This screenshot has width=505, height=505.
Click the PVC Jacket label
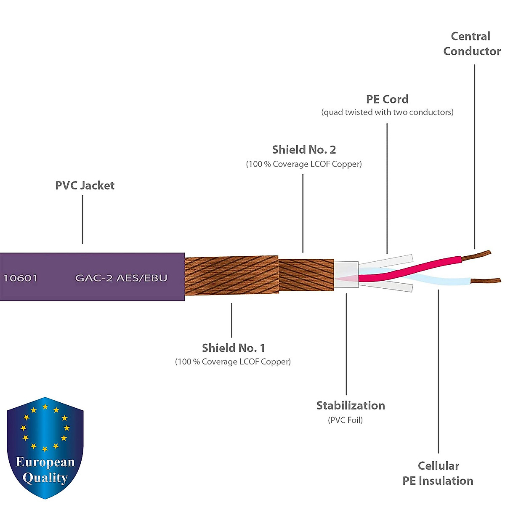click(x=85, y=186)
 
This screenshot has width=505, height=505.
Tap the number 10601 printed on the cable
click(x=20, y=278)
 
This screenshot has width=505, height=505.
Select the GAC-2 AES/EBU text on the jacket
click(x=121, y=278)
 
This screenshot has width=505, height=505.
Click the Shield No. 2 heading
click(x=304, y=150)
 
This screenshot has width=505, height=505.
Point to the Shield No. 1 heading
click(x=234, y=348)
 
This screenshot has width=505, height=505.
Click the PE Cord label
click(x=387, y=99)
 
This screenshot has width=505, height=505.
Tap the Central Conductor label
click(x=471, y=44)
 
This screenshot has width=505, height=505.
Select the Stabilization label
click(x=351, y=406)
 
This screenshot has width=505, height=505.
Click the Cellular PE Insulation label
click(x=438, y=473)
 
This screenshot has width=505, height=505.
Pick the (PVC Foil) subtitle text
click(x=345, y=420)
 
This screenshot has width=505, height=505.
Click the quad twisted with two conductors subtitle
click(x=387, y=112)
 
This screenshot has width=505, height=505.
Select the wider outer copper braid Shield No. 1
click(x=231, y=276)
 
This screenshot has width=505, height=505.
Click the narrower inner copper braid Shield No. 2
click(x=306, y=276)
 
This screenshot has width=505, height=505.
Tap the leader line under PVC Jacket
click(x=82, y=219)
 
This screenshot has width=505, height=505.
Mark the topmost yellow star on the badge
click(x=45, y=407)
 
